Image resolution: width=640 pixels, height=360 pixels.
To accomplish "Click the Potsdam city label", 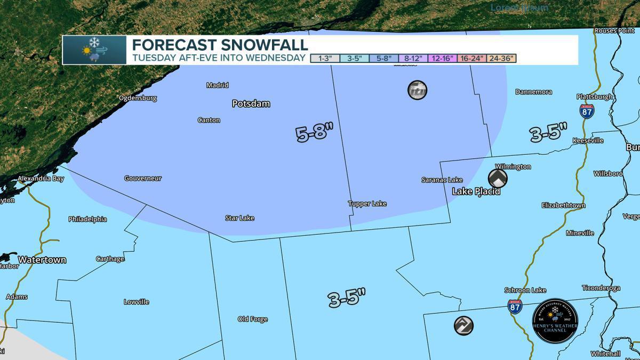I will [251, 103].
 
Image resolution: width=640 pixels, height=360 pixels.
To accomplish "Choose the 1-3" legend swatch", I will [325, 58].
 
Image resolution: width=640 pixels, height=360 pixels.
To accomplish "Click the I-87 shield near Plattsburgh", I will [587, 110].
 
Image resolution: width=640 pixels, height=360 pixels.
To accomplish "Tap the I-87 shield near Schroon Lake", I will [515, 306].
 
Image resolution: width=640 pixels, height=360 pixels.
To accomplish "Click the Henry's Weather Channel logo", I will [555, 321].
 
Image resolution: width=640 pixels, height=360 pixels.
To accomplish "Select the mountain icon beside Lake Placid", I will [497, 178].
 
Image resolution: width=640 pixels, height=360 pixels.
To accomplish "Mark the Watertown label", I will [42, 260].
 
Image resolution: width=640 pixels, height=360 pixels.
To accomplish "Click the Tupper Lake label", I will [367, 204].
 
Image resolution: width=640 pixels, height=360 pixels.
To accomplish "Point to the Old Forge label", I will [252, 319].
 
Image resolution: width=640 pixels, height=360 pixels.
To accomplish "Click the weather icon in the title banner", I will [94, 50].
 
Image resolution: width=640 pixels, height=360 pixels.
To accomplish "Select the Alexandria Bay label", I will [41, 179].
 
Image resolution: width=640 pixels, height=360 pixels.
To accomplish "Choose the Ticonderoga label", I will [601, 288].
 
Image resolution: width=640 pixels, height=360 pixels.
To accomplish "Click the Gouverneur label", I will [142, 178].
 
